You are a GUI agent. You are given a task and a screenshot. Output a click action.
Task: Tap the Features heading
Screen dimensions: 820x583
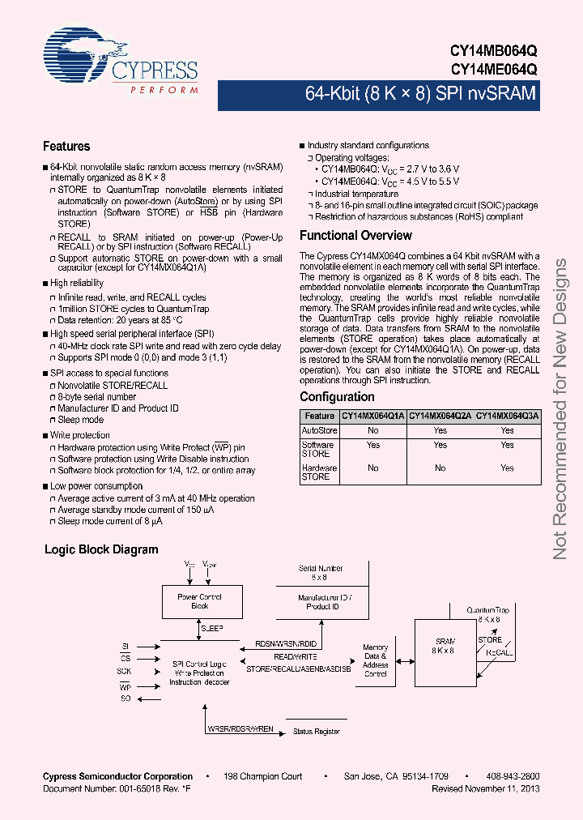click(66, 147)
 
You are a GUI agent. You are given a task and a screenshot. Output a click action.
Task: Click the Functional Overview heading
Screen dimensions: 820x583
click(355, 236)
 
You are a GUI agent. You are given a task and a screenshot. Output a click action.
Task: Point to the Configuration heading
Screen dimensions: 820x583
click(337, 397)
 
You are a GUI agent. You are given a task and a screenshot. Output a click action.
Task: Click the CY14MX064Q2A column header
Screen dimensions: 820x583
click(440, 416)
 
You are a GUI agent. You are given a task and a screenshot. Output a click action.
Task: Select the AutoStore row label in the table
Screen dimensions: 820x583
click(319, 431)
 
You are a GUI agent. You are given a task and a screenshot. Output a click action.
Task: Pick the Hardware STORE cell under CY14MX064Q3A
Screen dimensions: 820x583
click(507, 468)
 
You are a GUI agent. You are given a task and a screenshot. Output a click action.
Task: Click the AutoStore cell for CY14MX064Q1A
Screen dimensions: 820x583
click(372, 431)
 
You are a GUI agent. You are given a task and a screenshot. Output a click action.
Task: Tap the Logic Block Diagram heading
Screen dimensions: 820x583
click(101, 549)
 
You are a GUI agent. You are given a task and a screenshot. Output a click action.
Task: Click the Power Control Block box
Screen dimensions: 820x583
click(199, 601)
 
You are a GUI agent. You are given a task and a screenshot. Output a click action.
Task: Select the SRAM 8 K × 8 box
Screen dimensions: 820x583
click(442, 645)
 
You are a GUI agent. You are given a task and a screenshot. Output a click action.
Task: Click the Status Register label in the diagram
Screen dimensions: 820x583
click(316, 732)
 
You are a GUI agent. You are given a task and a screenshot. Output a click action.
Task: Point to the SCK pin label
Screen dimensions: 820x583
click(124, 672)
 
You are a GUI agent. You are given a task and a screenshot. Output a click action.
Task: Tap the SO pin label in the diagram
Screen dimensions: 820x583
click(126, 698)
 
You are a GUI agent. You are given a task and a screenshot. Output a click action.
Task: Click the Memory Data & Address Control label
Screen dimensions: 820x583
click(375, 660)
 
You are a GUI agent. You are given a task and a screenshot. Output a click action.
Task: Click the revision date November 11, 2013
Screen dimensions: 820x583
click(486, 788)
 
